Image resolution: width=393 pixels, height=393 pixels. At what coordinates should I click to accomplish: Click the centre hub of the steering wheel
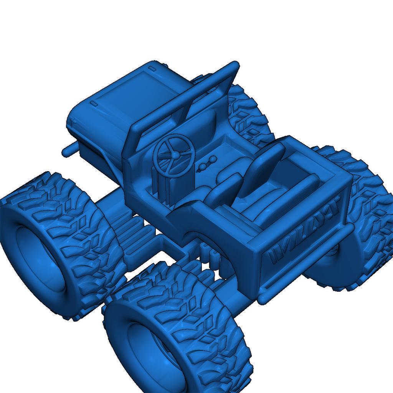point(174,155)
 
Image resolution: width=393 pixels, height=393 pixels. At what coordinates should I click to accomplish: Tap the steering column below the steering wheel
point(162,184)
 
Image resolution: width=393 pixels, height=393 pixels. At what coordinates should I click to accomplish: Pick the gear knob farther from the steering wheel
point(212,159)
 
